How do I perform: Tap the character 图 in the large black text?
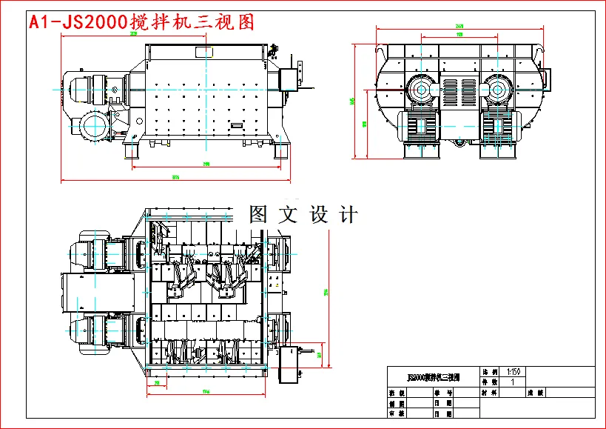click(x=257, y=216)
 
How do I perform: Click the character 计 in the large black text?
click(x=346, y=216)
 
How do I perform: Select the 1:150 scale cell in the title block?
click(x=513, y=371)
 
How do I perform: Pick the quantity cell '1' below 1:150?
click(x=513, y=382)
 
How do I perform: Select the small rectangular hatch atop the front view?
click(x=203, y=51)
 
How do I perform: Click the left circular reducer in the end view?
click(x=420, y=92)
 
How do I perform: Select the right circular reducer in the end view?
click(x=496, y=92)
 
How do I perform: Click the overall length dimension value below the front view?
click(x=175, y=177)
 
